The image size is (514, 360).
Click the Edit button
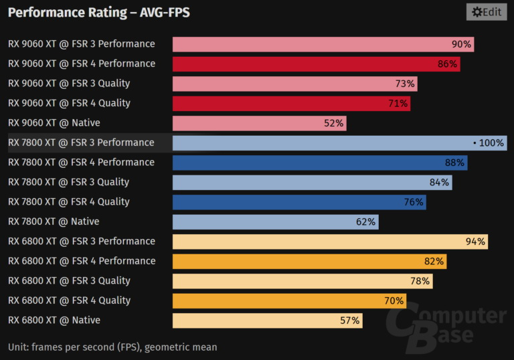pos(486,11)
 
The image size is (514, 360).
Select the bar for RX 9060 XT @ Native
pos(259,123)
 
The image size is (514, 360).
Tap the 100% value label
pos(491,143)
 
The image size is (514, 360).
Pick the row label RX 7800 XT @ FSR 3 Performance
pos(81,143)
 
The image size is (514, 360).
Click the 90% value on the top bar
pos(462,44)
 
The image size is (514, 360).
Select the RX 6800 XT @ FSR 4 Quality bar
pos(288,300)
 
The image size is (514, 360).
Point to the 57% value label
pos(350,321)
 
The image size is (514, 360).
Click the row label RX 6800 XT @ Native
pos(54,321)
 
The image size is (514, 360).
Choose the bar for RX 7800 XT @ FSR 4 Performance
pos(319,163)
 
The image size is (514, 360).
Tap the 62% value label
pos(367,221)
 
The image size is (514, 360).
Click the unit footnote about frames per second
pos(112,347)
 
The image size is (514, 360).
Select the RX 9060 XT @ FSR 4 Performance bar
pos(316,64)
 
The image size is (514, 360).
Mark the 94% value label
pos(475,242)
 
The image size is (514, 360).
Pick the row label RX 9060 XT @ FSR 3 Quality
pos(69,84)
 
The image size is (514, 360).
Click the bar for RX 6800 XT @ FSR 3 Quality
pos(303,281)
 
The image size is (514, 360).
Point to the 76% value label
pos(414,202)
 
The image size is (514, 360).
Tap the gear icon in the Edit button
pos(476,11)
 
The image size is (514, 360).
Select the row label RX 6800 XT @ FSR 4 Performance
pos(82,261)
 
